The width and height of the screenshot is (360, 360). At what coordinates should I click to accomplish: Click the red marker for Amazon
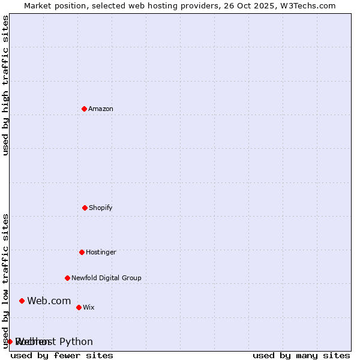coord(84,109)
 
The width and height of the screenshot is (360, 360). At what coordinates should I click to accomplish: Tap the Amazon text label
coord(101,109)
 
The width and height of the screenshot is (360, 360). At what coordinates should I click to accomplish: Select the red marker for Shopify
coord(85,208)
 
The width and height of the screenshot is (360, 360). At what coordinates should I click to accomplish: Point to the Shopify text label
coord(101,208)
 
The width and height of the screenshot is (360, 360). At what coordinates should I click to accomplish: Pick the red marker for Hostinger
coord(82,252)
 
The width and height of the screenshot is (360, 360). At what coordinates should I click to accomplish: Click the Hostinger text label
coord(101,252)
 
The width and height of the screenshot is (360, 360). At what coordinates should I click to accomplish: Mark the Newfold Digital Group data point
coord(67,278)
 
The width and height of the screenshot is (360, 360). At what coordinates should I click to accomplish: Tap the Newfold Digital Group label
coord(106,278)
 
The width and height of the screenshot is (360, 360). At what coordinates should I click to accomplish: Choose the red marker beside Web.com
coord(22,301)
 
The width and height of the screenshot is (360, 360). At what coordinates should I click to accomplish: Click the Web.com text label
coord(49,301)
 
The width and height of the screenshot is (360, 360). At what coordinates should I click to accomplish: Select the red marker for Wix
coord(79,307)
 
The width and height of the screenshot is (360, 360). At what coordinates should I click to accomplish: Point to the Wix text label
coord(89,307)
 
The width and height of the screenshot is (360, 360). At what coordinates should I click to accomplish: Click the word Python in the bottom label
coord(76,341)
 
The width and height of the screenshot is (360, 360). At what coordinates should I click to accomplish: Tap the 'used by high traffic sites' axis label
coord(5,85)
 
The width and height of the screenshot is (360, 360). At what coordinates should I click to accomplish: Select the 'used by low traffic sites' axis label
coord(5,280)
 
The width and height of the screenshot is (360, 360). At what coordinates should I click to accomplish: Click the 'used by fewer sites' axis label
coord(62,355)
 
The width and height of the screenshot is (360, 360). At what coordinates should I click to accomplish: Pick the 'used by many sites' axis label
coord(301,355)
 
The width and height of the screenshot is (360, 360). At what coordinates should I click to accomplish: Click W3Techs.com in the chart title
coord(307,5)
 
